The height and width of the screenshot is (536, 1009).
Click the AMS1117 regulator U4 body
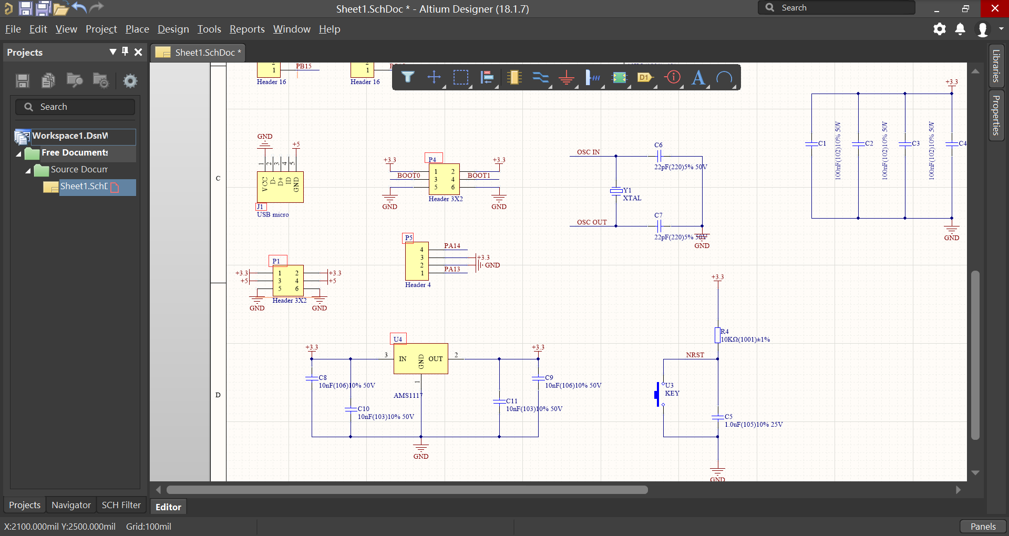pos(420,359)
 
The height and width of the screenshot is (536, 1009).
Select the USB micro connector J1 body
pos(280,187)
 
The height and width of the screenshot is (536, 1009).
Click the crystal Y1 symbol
pos(616,191)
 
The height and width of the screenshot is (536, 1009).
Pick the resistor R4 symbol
pos(717,335)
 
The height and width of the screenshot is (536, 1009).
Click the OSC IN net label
pos(588,152)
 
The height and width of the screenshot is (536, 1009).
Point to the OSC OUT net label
pos(592,222)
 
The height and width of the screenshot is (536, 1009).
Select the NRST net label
pos(695,355)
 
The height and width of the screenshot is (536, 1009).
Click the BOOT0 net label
pos(408,176)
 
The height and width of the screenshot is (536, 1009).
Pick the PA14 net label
pos(452,246)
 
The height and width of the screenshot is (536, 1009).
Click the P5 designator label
pos(408,238)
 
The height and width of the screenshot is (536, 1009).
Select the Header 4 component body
pos(417,261)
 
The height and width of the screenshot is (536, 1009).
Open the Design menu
pos(173,29)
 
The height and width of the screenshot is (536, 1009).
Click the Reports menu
pos(247,29)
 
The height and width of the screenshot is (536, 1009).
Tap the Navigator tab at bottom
pos(71,505)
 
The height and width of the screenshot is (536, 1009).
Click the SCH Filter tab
pos(121,505)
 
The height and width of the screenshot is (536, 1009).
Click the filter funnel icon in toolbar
pos(408,78)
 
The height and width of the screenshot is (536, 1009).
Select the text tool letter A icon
pos(698,78)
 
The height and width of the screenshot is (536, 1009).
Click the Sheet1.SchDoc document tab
pos(200,53)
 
